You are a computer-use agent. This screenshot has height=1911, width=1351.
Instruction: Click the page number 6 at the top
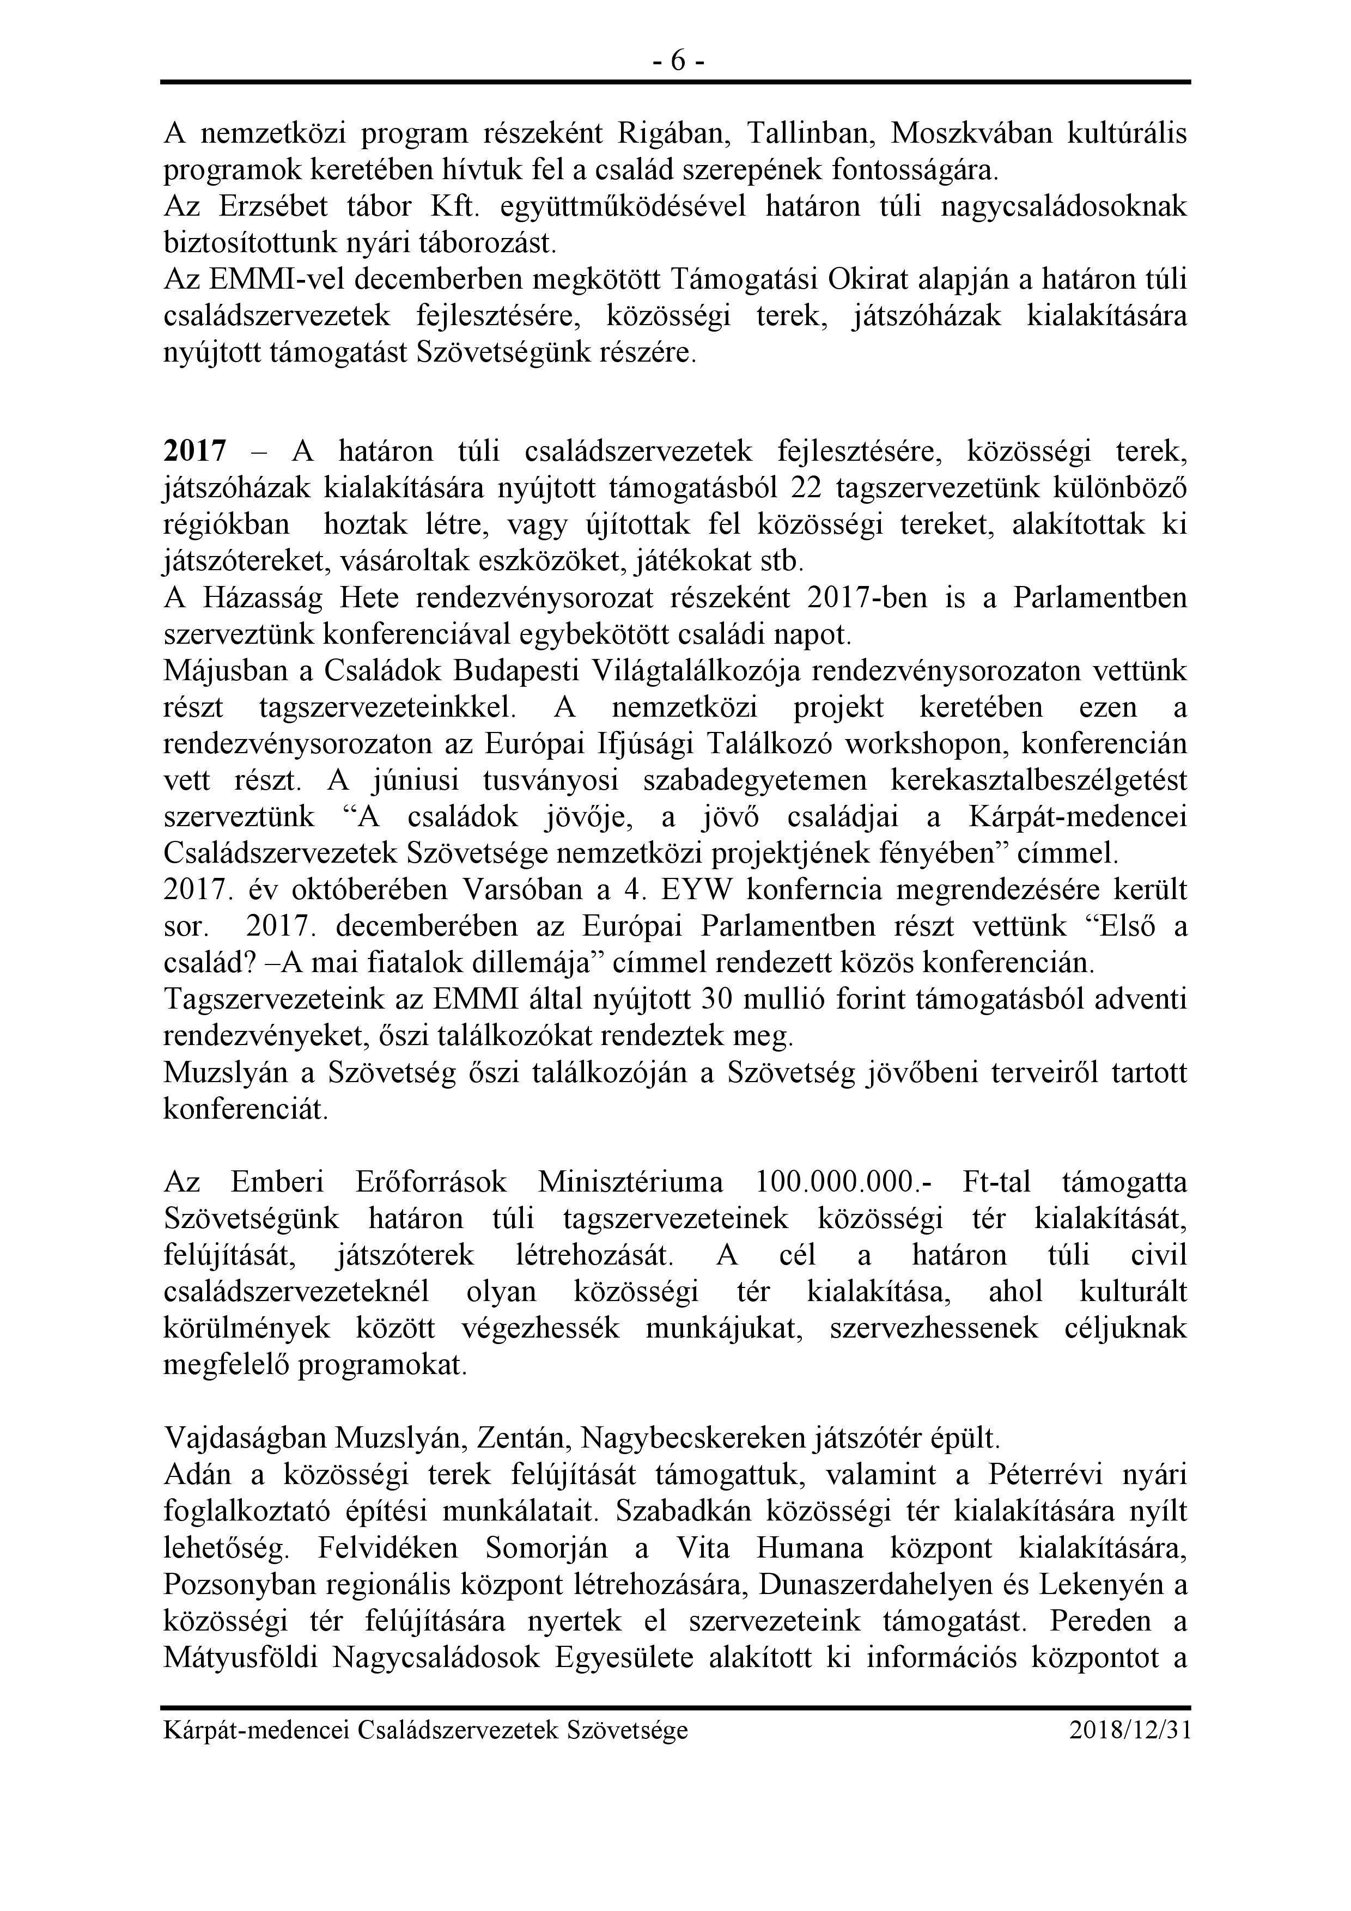tap(676, 61)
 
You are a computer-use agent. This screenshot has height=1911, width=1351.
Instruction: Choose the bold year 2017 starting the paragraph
tap(195, 452)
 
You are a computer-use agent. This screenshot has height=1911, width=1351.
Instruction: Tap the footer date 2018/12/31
tap(1130, 1730)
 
